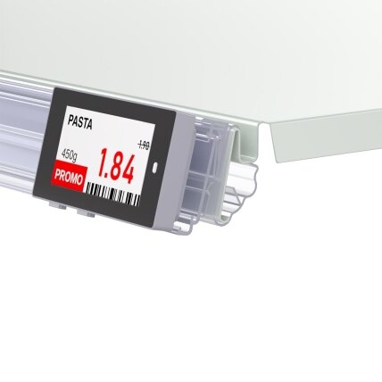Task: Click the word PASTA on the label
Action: [79, 122]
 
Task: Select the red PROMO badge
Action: [69, 178]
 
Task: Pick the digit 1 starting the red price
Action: [103, 162]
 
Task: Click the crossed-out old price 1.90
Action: [144, 145]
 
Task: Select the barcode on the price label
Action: [112, 195]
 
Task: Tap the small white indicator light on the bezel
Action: [155, 167]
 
